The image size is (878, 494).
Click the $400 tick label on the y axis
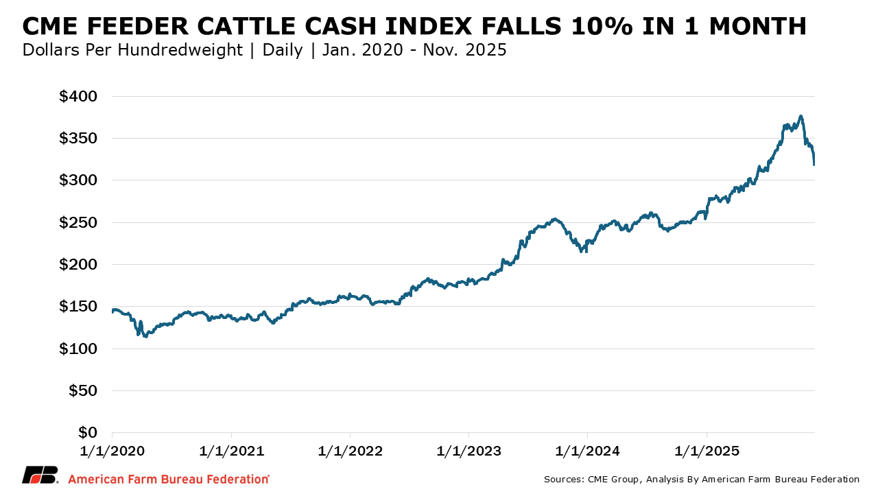(79, 96)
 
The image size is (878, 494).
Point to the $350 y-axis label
(79, 138)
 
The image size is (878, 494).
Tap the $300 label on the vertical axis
(79, 180)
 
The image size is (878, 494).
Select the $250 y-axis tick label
(79, 222)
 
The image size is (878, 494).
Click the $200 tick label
(79, 264)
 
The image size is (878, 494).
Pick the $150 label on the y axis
(79, 306)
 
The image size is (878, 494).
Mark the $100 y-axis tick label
(79, 349)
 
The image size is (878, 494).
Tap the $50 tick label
(83, 390)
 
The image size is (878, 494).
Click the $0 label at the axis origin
(87, 432)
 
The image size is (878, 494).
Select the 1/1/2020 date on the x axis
(112, 451)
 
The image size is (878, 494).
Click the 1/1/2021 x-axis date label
(232, 451)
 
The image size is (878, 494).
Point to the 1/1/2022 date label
(351, 451)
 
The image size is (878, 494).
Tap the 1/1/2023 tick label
(469, 451)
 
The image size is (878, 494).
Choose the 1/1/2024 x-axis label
(588, 451)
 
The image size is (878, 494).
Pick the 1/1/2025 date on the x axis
(707, 451)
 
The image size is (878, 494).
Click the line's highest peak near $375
(800, 117)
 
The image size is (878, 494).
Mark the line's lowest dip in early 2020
(145, 336)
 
